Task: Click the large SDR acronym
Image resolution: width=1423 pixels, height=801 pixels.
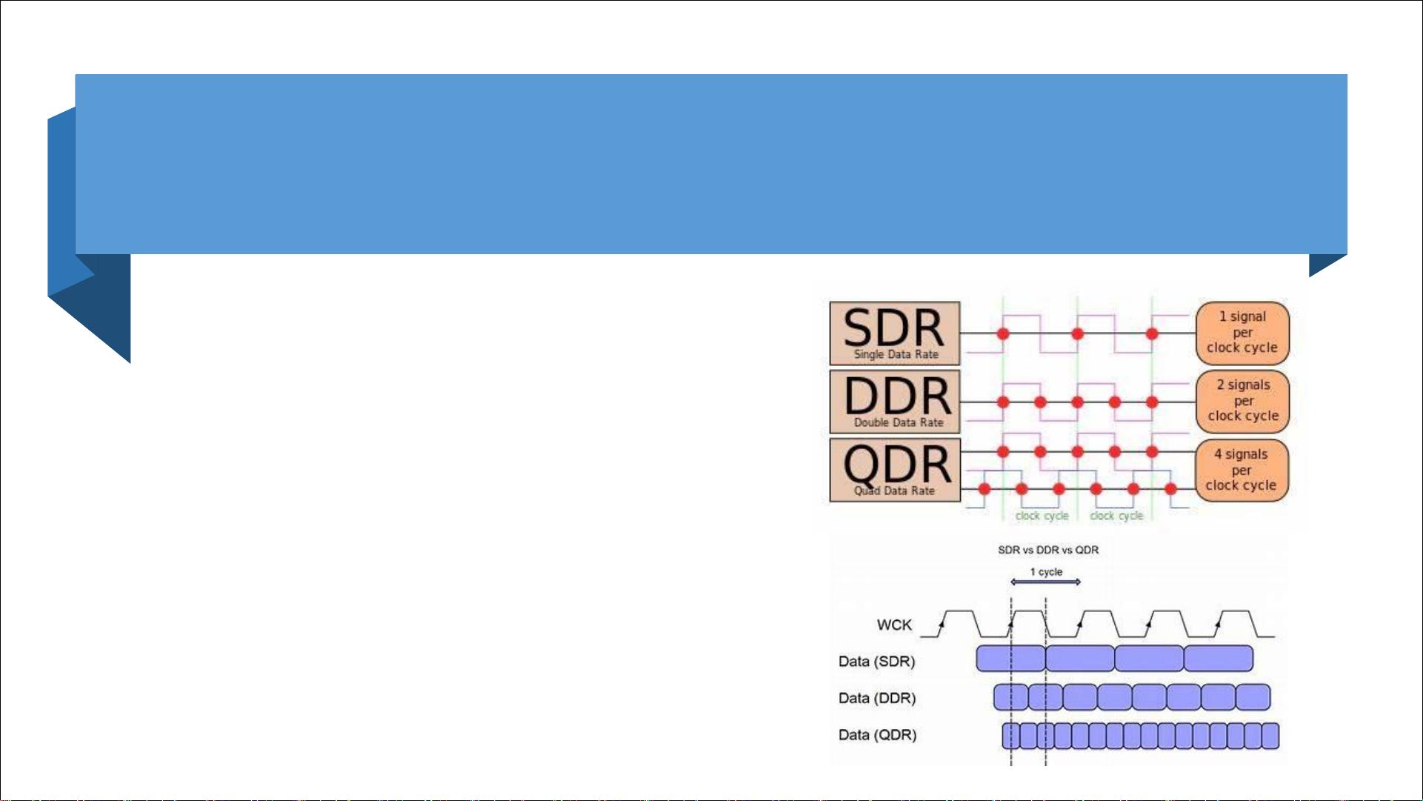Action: (x=893, y=328)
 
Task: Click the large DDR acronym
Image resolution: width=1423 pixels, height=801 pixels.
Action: (x=896, y=396)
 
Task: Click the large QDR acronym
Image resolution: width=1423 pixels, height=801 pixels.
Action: (x=896, y=464)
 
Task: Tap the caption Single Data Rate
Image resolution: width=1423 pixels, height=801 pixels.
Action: (x=896, y=355)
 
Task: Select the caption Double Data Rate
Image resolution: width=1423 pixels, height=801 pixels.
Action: (x=899, y=423)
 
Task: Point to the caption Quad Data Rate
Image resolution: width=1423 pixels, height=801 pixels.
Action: (x=894, y=491)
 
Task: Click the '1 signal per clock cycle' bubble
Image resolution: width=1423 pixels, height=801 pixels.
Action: (x=1242, y=332)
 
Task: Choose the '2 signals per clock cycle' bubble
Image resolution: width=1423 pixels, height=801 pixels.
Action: (x=1243, y=401)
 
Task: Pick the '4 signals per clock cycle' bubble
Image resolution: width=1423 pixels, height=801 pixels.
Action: (x=1241, y=470)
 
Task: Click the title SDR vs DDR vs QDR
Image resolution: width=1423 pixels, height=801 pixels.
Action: (x=1048, y=550)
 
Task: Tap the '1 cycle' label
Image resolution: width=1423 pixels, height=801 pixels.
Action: (x=1046, y=572)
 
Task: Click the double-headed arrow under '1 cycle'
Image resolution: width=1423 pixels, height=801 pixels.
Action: (x=1045, y=582)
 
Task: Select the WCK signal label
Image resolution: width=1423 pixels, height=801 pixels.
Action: (x=894, y=625)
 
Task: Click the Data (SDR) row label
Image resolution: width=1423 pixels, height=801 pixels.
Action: (x=876, y=662)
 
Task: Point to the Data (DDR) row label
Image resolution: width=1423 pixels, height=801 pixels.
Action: (x=877, y=698)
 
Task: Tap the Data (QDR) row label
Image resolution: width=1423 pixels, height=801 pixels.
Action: (x=877, y=735)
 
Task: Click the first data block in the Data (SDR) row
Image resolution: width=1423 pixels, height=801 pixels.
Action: (x=1010, y=659)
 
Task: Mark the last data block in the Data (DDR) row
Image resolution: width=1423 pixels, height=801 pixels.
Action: (x=1253, y=697)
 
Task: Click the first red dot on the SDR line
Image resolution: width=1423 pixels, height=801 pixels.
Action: (x=1003, y=334)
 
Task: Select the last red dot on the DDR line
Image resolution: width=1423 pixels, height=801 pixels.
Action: (x=1152, y=402)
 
